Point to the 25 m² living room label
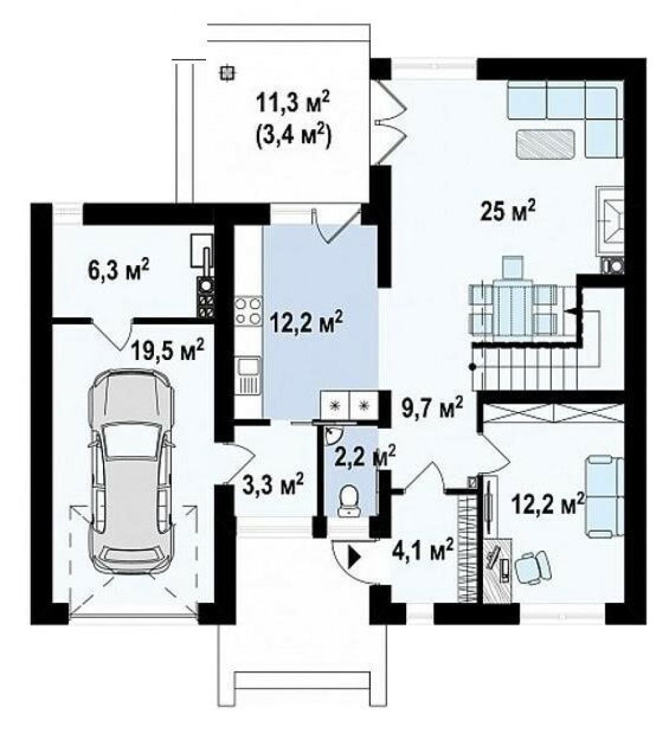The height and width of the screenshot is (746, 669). pyautogui.click(x=508, y=213)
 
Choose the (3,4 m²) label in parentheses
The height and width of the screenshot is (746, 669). pyautogui.click(x=293, y=138)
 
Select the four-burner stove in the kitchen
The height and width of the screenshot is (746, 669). pyautogui.click(x=248, y=311)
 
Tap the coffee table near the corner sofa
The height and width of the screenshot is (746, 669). pyautogui.click(x=546, y=143)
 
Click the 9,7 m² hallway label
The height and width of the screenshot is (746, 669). pyautogui.click(x=432, y=408)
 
